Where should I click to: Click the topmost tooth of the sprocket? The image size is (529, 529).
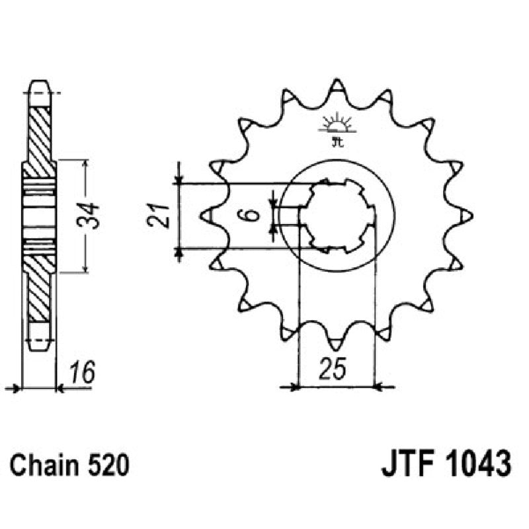click(x=337, y=86)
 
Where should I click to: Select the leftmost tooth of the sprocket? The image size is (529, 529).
click(x=205, y=216)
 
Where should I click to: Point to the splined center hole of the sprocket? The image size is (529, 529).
click(x=338, y=215)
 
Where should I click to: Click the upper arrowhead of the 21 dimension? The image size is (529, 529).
click(x=179, y=180)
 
